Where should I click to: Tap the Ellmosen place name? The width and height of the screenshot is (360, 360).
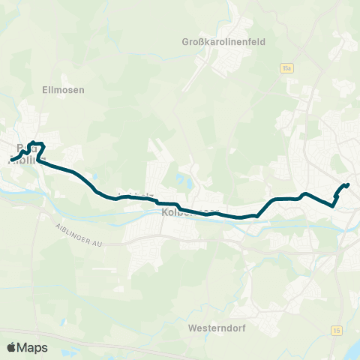pyautogui.click(x=63, y=89)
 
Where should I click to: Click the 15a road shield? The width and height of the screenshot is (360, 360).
pyautogui.click(x=286, y=68)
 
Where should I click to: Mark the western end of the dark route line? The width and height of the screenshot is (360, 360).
pyautogui.click(x=13, y=158)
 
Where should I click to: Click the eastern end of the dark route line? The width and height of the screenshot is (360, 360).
pyautogui.click(x=349, y=184)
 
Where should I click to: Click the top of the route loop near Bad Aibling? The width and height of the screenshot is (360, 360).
pyautogui.click(x=36, y=143)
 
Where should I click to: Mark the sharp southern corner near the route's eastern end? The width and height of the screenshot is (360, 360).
pyautogui.click(x=332, y=204)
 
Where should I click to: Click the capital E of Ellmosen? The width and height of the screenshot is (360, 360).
pyautogui.click(x=45, y=89)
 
